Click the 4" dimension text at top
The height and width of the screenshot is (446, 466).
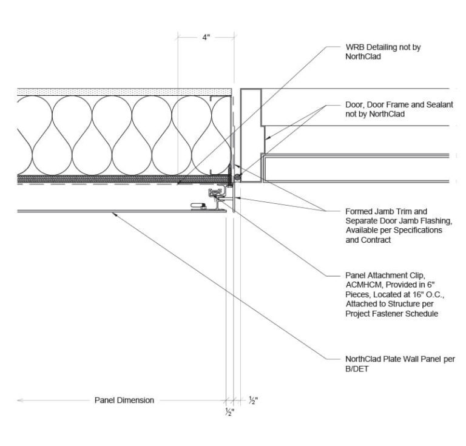click(206, 38)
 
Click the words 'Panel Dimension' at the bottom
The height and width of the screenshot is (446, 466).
click(124, 400)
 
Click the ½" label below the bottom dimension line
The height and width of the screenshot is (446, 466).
click(230, 413)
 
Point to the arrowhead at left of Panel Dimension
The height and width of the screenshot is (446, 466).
click(20, 400)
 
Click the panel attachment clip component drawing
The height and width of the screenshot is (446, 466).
click(217, 195)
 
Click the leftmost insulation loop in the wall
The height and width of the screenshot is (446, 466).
click(34, 135)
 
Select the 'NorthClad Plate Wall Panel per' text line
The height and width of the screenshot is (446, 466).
click(399, 359)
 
